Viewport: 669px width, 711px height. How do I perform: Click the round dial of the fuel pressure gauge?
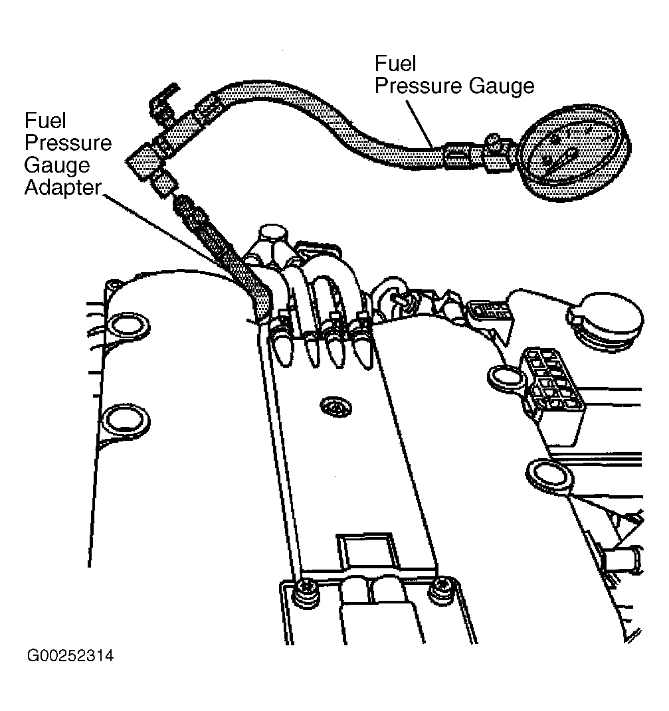(x=574, y=152)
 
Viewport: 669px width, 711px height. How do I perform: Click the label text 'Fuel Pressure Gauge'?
(x=454, y=75)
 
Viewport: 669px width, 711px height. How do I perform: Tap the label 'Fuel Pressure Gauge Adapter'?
(x=68, y=154)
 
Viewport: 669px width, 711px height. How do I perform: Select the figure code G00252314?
(x=70, y=656)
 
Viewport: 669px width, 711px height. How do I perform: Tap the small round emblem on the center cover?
(x=336, y=407)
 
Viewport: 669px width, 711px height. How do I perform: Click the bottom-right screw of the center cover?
(x=440, y=591)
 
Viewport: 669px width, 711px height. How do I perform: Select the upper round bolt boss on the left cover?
(x=128, y=325)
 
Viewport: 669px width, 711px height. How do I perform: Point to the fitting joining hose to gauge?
(x=480, y=154)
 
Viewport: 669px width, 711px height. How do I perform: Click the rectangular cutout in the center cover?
(x=366, y=550)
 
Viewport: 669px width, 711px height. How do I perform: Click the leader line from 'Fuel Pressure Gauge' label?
(x=419, y=123)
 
